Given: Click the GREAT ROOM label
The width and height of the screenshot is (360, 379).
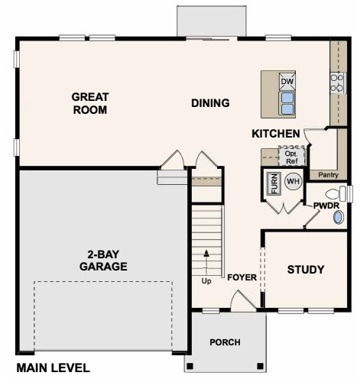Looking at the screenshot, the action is (90, 103).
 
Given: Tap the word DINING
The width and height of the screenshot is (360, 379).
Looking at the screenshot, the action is (210, 103).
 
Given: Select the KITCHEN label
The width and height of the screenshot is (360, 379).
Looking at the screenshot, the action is (276, 134).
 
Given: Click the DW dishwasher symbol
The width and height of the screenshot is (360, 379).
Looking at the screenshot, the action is (287, 82).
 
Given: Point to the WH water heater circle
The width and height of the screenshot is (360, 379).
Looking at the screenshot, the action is (293, 181).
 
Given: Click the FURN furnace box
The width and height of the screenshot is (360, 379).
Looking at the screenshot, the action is (274, 183).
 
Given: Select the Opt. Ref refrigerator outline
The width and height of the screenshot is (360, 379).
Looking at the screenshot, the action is (291, 156).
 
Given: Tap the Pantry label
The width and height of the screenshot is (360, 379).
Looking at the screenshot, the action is (328, 175).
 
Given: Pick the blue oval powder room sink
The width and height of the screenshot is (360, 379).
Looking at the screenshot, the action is (339, 218).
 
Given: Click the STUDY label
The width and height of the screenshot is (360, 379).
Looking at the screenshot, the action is (306, 270).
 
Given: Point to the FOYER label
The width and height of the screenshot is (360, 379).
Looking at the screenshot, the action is (242, 277).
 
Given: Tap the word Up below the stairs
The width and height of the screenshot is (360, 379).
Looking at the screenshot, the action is (206, 281).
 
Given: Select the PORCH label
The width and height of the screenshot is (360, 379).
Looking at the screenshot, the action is (225, 342).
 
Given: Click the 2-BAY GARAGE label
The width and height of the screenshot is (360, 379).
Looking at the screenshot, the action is (103, 261).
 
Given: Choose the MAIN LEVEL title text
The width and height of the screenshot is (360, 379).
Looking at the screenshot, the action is (54, 368).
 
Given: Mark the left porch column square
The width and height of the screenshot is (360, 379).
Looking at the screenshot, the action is (190, 366).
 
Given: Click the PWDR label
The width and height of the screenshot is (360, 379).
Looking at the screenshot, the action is (326, 206).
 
